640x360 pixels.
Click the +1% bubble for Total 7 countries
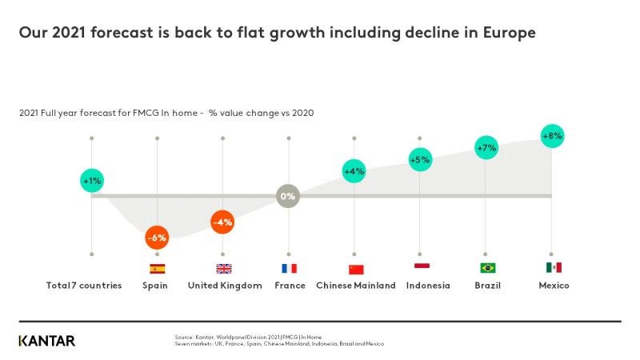point(92,181)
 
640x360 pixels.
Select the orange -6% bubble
point(157,238)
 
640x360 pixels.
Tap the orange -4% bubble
point(222,222)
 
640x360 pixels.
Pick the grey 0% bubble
point(288,196)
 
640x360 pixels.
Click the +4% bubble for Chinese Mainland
point(354,170)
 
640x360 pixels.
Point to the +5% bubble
point(420,160)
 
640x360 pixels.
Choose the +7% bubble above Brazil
point(486,148)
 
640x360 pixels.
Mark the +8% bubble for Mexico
point(552,136)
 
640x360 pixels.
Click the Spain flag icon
point(157,269)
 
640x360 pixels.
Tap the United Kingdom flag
point(223,269)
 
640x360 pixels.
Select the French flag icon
point(289,269)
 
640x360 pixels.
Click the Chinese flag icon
point(355,269)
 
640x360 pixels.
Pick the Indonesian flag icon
point(422,266)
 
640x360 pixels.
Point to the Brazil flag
point(487,268)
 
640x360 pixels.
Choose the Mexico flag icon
point(554,267)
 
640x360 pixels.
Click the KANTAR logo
point(47,341)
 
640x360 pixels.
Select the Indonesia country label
point(428,286)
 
